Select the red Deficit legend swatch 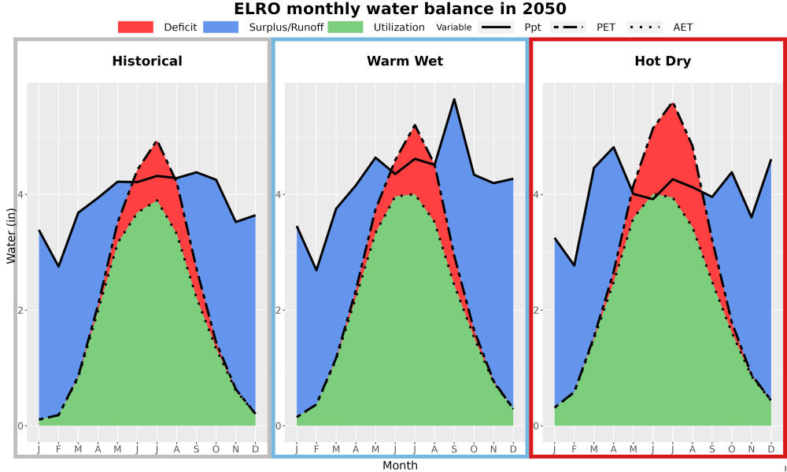[135, 27]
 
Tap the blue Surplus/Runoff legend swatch [221, 27]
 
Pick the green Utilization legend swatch [345, 27]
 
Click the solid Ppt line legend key [496, 27]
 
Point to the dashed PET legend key [568, 27]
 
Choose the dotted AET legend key [645, 27]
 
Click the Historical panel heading [147, 61]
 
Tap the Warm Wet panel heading [405, 61]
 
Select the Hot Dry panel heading [663, 61]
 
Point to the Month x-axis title [400, 466]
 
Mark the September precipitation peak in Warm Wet [454, 99]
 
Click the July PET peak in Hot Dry [673, 103]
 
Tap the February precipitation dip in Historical [59, 267]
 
